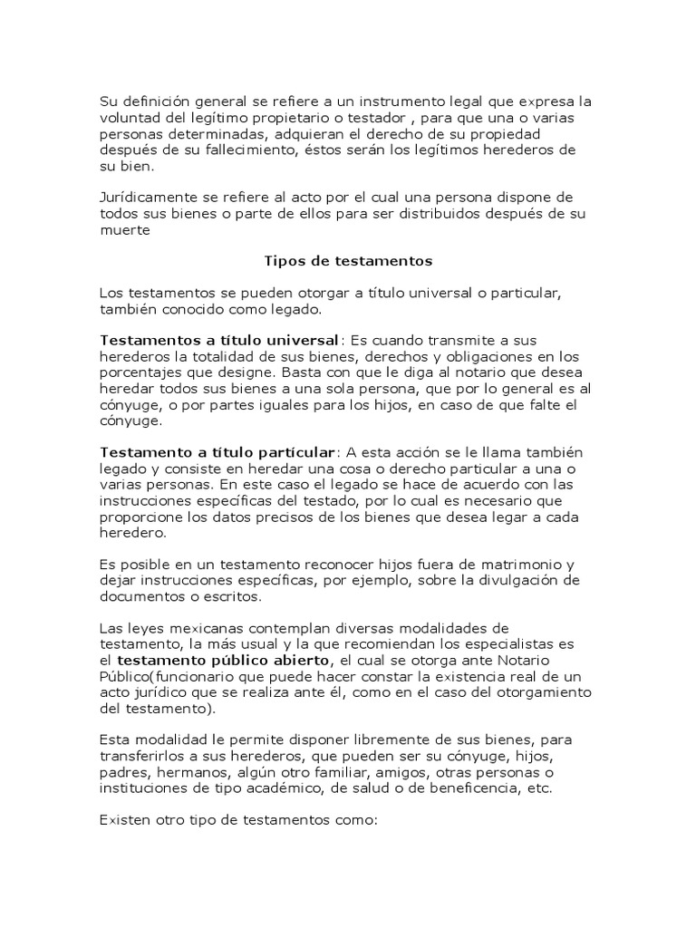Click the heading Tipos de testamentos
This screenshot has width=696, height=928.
click(348, 261)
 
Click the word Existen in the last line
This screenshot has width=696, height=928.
click(124, 819)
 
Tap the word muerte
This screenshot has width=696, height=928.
click(122, 230)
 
